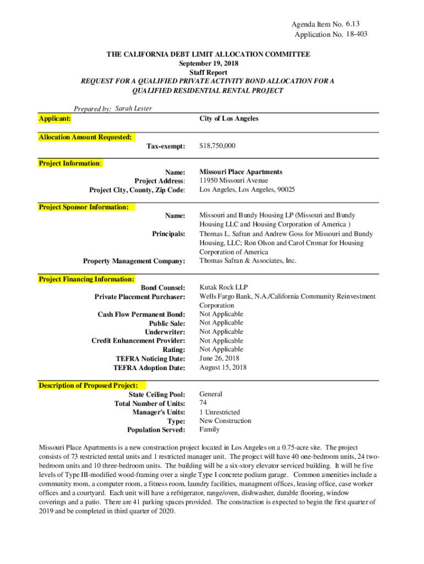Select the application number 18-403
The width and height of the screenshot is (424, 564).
tap(357, 34)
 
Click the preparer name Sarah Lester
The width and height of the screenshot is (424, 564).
tap(134, 109)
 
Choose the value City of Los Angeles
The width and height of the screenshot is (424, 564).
tap(229, 119)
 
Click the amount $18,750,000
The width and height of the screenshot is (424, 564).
tap(218, 146)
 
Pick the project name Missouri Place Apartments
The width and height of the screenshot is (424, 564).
tap(241, 172)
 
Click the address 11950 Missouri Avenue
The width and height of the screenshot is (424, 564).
tap(234, 181)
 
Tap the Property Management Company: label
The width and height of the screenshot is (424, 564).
tap(134, 261)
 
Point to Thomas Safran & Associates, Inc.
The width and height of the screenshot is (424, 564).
tap(248, 261)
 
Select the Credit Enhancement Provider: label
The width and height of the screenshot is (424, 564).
tap(138, 341)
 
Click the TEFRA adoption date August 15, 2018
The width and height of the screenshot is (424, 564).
tap(223, 367)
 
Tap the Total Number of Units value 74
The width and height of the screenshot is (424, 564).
tap(203, 403)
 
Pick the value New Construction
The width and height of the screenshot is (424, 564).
tap(225, 421)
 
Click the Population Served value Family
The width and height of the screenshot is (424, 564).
tap(209, 430)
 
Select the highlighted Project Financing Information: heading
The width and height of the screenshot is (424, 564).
tap(86, 279)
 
